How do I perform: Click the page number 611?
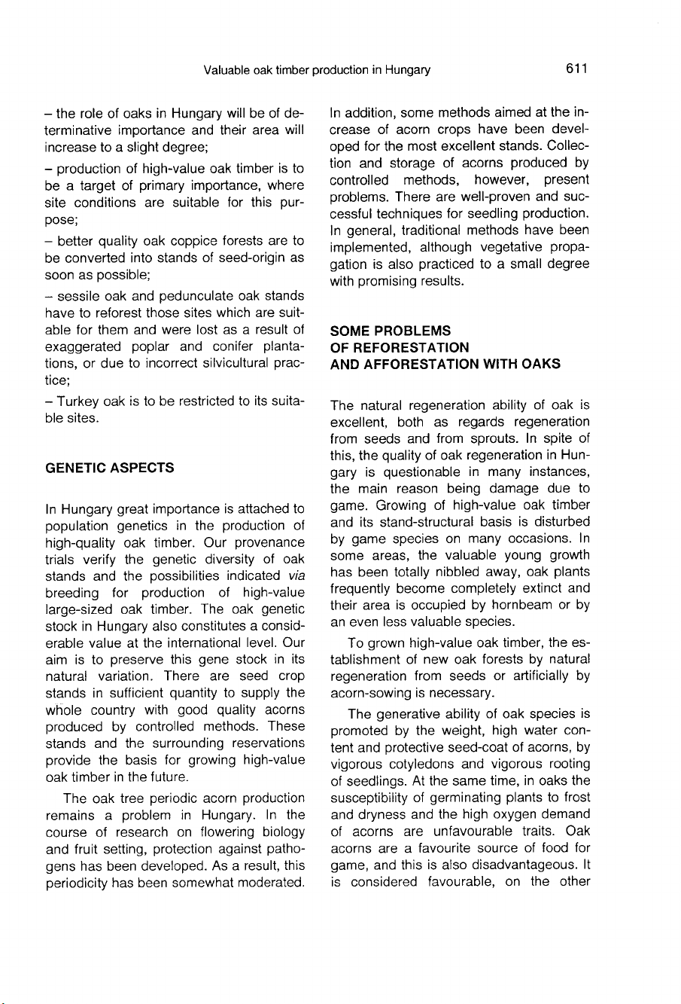point(573,71)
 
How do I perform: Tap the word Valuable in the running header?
point(226,71)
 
